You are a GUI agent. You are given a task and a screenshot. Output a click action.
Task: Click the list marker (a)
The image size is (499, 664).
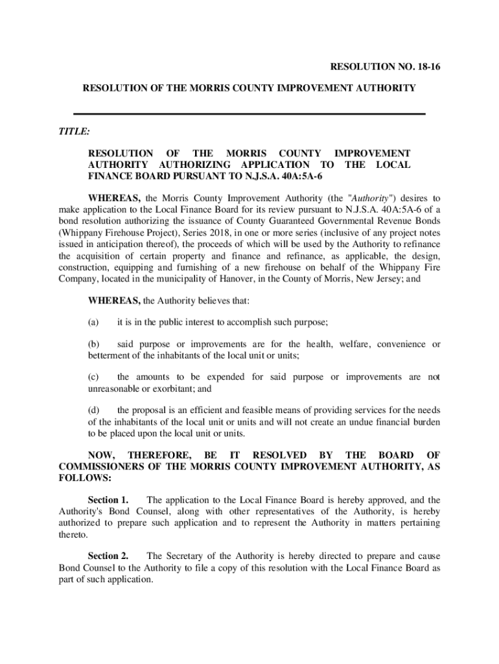[x=94, y=322]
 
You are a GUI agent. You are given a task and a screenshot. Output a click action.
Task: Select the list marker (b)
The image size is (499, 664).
[x=94, y=344]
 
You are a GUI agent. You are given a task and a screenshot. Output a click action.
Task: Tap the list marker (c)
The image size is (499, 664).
[x=94, y=377]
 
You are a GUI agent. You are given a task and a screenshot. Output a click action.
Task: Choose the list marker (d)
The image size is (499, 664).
[x=94, y=410]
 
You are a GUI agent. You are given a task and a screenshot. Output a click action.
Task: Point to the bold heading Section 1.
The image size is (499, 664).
[x=108, y=500]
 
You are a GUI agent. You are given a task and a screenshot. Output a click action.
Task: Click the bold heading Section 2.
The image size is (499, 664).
[x=108, y=556]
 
